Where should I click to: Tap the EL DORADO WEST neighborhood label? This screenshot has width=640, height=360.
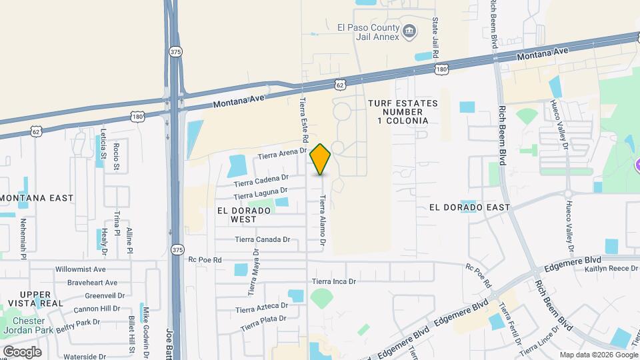tap(243, 215)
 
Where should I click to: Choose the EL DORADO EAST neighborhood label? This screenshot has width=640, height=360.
tap(469, 207)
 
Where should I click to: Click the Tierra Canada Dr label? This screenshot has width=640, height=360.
tap(263, 239)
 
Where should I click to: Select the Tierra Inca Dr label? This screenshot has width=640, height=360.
tap(334, 281)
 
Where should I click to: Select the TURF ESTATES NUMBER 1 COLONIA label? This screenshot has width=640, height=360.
tap(403, 112)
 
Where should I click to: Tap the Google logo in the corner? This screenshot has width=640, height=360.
tap(22, 351)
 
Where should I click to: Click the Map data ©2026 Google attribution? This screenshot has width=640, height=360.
tap(597, 355)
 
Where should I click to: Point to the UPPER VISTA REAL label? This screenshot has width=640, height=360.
tap(41, 299)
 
